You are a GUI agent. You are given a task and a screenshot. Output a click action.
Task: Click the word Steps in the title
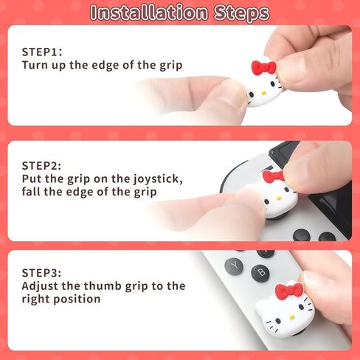tap(240, 13)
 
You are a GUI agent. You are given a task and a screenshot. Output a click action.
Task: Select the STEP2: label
tap(42, 165)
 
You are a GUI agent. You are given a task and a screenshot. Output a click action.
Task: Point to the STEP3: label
tap(42, 272)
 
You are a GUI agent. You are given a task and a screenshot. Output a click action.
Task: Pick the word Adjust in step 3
tap(41, 286)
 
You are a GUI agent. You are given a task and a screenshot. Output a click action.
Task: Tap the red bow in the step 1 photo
tap(263, 68)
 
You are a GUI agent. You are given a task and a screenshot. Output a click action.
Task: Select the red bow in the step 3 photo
tap(288, 290)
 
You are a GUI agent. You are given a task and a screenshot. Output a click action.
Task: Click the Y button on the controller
tap(235, 264)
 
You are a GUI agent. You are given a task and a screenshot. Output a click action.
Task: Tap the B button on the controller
tap(260, 273)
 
